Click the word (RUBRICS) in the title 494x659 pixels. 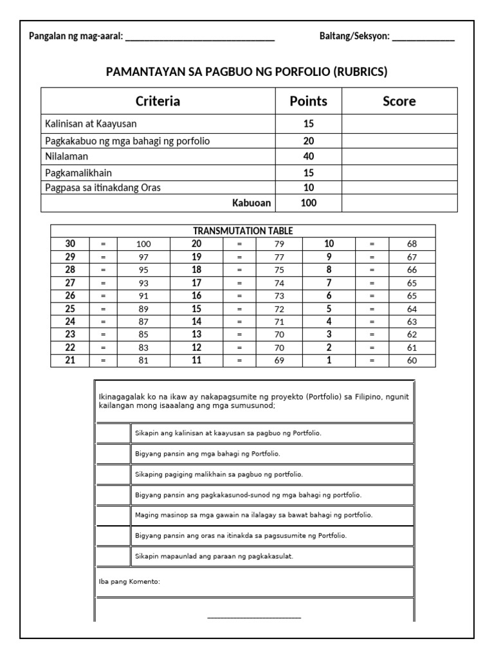click(x=360, y=71)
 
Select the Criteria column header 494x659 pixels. click(x=158, y=101)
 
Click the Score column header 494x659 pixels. click(x=399, y=101)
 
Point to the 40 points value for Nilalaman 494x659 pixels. click(x=308, y=156)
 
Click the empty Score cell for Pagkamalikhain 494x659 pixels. click(x=399, y=172)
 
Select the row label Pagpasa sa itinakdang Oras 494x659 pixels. click(x=103, y=188)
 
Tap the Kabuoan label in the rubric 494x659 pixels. click(x=252, y=203)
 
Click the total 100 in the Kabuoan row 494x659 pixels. click(x=308, y=203)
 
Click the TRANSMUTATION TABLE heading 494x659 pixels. click(x=242, y=231)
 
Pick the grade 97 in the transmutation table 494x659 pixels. click(x=143, y=257)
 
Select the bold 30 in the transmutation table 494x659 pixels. click(x=70, y=244)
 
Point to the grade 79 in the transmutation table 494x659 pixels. click(x=279, y=244)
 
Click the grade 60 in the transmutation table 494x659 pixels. click(x=412, y=360)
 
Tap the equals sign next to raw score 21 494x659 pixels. click(x=103, y=360)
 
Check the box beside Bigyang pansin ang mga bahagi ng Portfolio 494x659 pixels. click(x=113, y=454)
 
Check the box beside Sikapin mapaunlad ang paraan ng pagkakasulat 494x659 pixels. click(x=113, y=557)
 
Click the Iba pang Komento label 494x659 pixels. click(x=129, y=582)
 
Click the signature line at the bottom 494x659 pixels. click(x=254, y=618)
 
